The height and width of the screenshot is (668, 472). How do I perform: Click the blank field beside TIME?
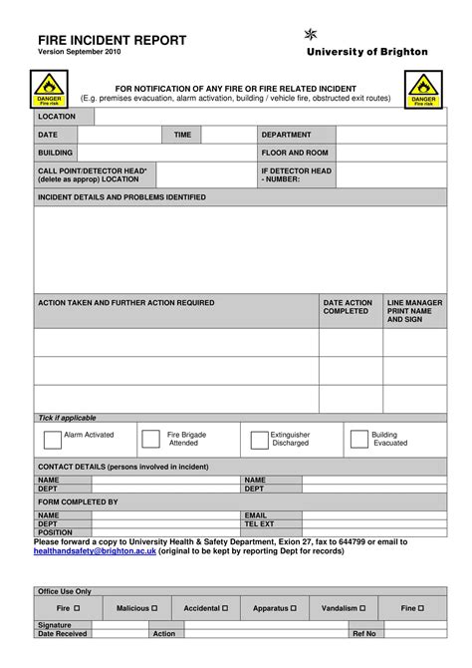tap(227, 135)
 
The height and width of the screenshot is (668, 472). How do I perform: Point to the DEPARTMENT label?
tap(286, 135)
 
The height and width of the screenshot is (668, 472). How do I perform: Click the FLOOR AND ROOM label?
tap(294, 153)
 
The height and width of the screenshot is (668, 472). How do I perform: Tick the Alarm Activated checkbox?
tap(53, 439)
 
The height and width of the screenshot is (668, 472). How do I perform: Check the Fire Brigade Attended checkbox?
tap(151, 439)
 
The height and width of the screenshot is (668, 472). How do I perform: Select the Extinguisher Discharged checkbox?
tap(259, 439)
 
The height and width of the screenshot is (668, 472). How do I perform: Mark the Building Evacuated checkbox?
tap(359, 439)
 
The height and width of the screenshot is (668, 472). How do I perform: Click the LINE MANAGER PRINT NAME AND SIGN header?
tap(414, 310)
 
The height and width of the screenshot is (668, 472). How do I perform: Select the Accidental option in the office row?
tap(206, 607)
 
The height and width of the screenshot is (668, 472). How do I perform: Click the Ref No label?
tap(363, 633)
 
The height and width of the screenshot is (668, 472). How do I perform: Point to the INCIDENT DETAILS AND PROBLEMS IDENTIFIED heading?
tap(121, 197)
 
